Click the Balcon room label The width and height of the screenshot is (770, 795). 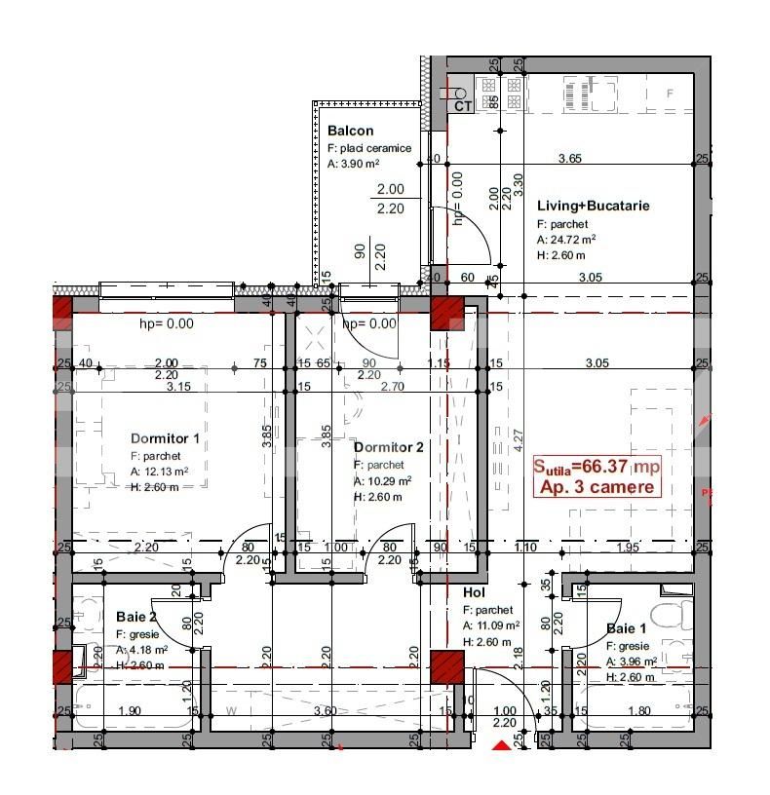click(350, 131)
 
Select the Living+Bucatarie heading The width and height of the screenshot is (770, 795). click(593, 207)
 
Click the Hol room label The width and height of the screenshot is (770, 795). click(474, 591)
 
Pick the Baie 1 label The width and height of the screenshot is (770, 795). click(626, 628)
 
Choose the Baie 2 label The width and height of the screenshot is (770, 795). click(135, 617)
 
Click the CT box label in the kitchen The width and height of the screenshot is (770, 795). click(463, 106)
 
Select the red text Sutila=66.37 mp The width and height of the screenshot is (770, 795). click(597, 467)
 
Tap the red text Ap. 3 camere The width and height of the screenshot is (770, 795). click(597, 486)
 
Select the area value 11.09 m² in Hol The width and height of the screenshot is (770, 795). click(497, 625)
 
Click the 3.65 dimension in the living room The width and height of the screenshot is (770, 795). click(569, 158)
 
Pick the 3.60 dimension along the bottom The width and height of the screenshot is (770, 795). click(326, 711)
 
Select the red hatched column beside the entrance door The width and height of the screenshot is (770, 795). click(446, 667)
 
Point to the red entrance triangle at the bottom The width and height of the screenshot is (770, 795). click(502, 745)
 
